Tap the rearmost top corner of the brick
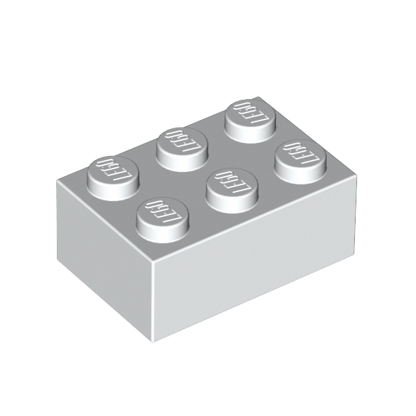click(x=259, y=96)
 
